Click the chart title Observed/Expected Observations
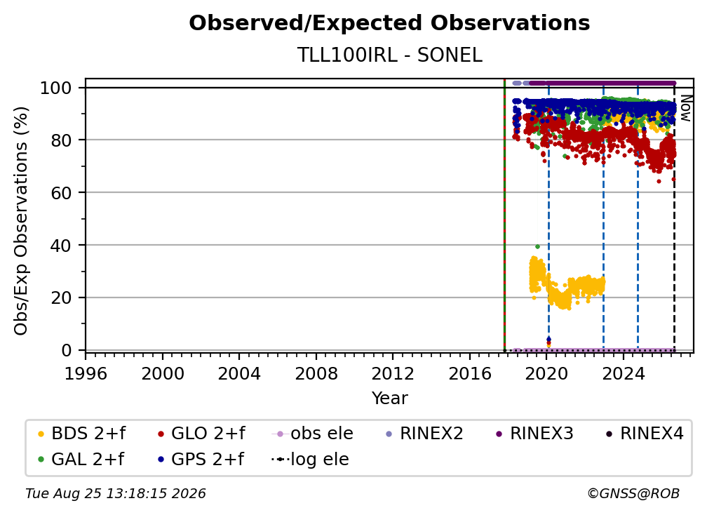(389, 23)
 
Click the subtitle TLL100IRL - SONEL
(389, 55)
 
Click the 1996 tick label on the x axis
(86, 374)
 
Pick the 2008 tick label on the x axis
(316, 374)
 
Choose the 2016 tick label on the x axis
(470, 374)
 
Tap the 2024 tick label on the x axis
(623, 374)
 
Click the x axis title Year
(389, 399)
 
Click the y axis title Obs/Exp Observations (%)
(21, 220)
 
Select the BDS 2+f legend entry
(81, 434)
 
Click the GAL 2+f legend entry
(81, 459)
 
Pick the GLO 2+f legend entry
(201, 434)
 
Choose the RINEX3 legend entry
(534, 434)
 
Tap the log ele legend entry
(310, 459)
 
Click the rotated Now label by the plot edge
(685, 108)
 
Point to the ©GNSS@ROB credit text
(633, 493)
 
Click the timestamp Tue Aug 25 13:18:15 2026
(116, 493)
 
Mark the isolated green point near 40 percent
(537, 247)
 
